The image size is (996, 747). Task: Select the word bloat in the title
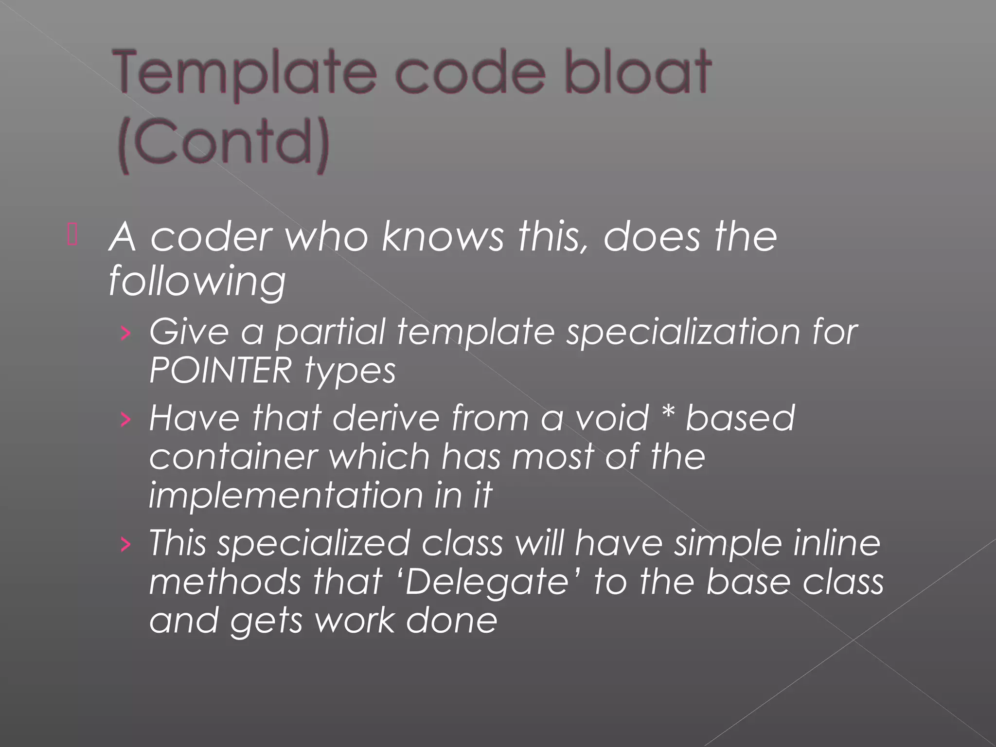[x=637, y=73]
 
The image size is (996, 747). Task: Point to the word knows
[x=443, y=237]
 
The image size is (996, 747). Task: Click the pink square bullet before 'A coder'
[x=72, y=235]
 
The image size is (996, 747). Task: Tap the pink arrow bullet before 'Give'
[x=125, y=333]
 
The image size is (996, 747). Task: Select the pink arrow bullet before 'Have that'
[x=125, y=419]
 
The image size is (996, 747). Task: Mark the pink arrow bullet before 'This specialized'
[x=125, y=544]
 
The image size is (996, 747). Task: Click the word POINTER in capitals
[x=220, y=371]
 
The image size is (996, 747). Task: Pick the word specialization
[x=683, y=333]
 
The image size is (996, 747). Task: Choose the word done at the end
[x=452, y=621]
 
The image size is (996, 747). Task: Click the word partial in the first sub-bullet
[x=330, y=334]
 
